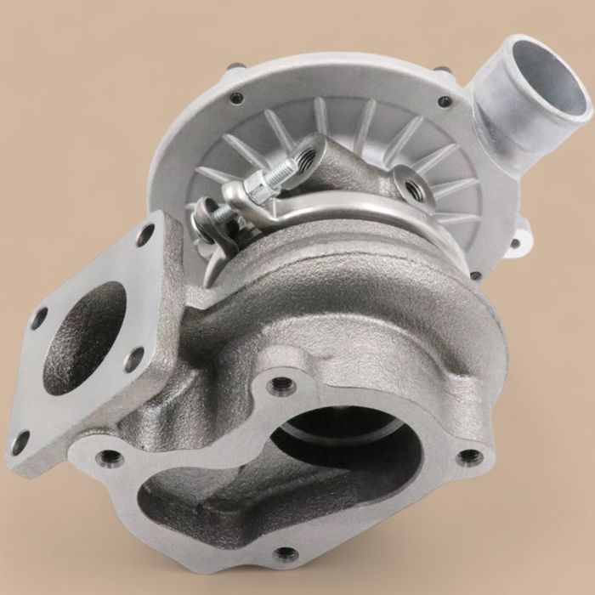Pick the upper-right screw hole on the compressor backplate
443,102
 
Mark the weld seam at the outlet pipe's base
501,127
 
